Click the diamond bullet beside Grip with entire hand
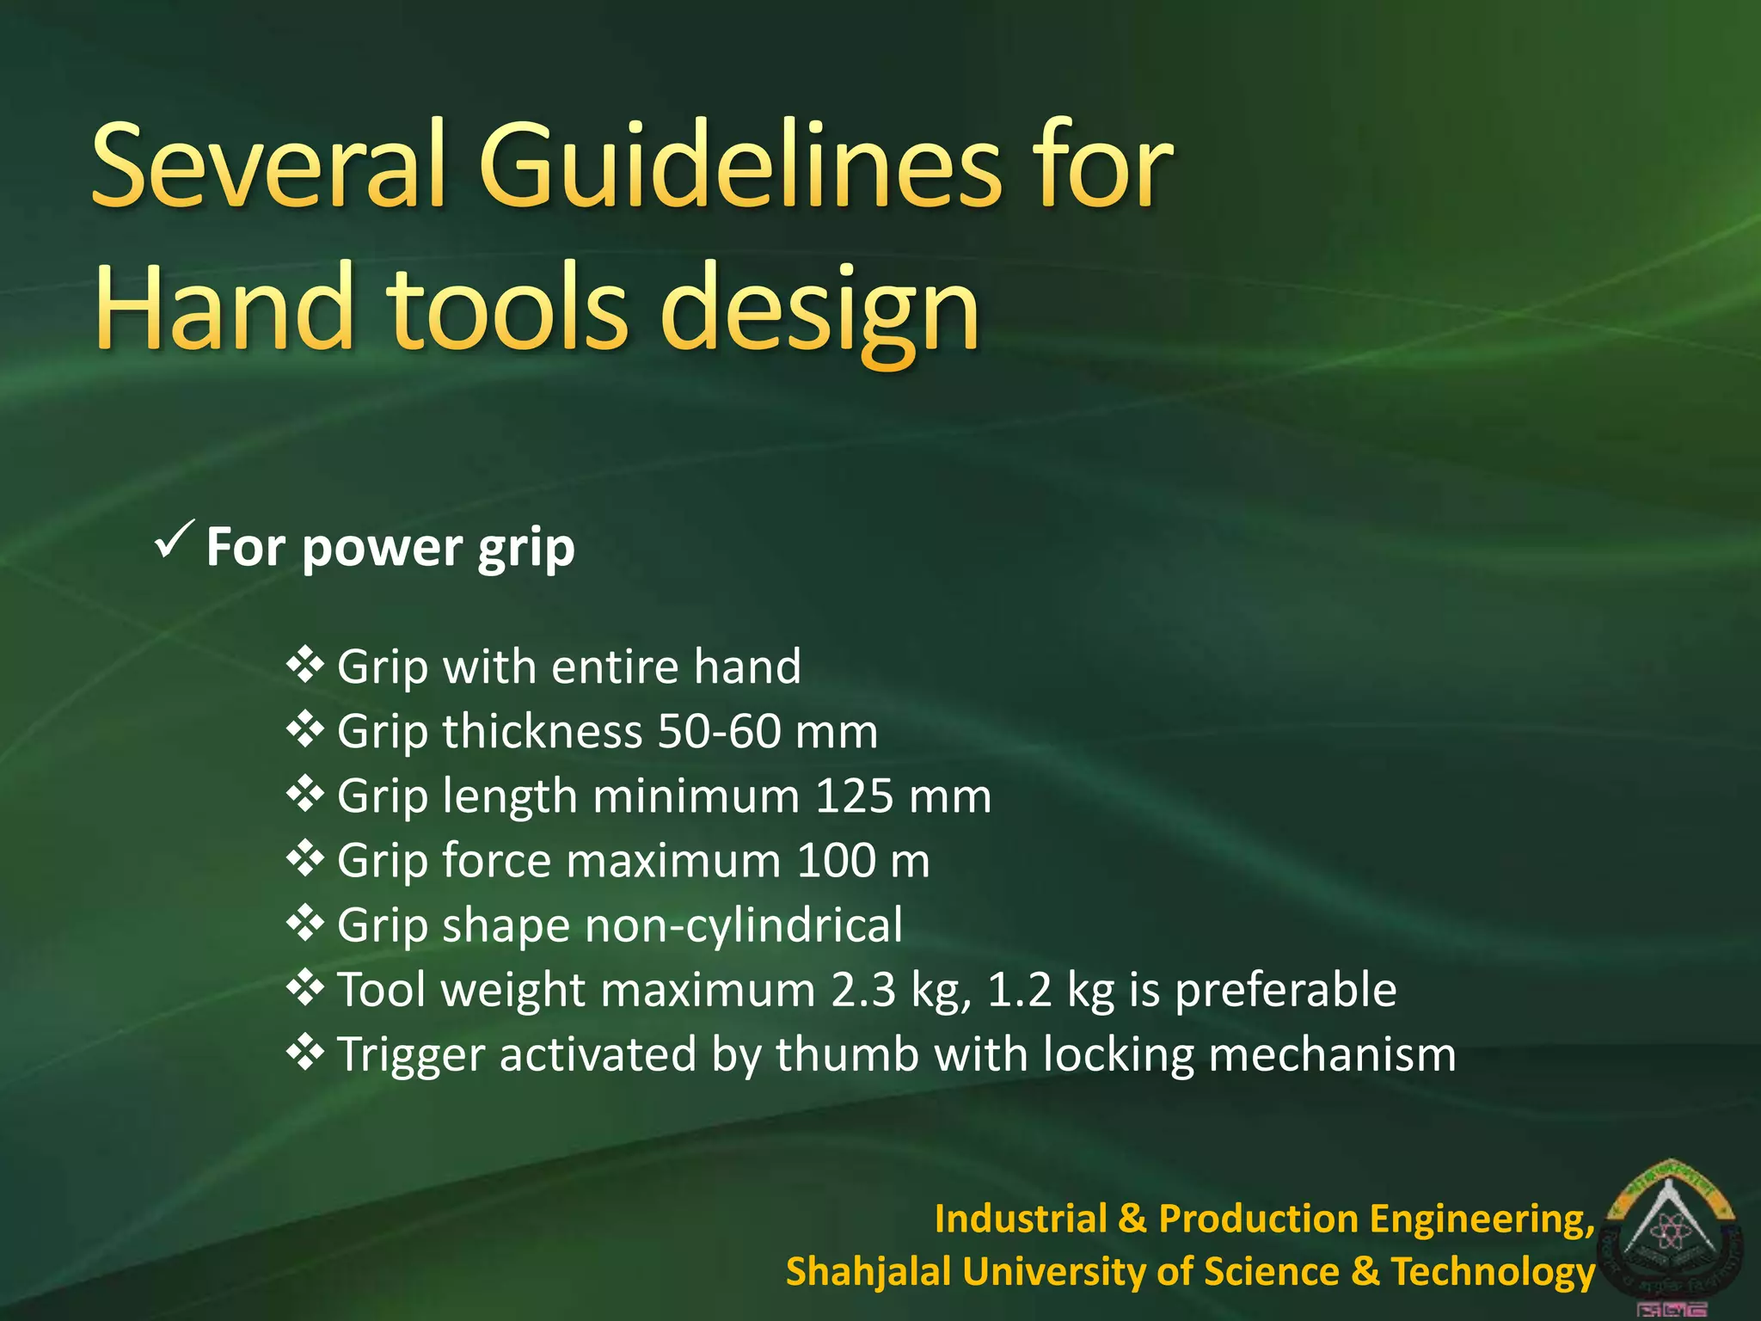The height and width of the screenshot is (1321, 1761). [305, 665]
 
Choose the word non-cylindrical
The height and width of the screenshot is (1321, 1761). [744, 926]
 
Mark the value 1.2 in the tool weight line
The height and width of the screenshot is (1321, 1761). [1020, 990]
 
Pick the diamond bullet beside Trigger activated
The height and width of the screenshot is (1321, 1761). [305, 1053]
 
